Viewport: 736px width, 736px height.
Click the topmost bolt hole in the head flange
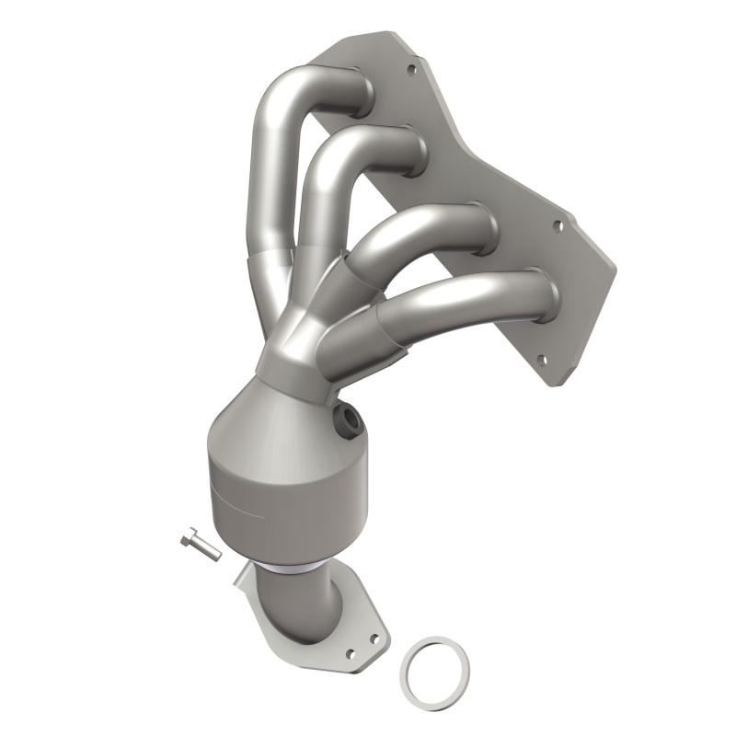[410, 67]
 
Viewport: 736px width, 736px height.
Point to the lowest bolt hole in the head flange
[541, 362]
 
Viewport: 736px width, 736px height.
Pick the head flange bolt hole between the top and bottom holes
[557, 224]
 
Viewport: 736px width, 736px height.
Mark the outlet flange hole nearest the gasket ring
[374, 638]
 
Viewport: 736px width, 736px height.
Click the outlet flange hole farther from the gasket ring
[350, 654]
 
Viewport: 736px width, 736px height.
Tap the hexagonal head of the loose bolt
[189, 537]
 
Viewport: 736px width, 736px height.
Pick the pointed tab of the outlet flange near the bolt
[241, 575]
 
